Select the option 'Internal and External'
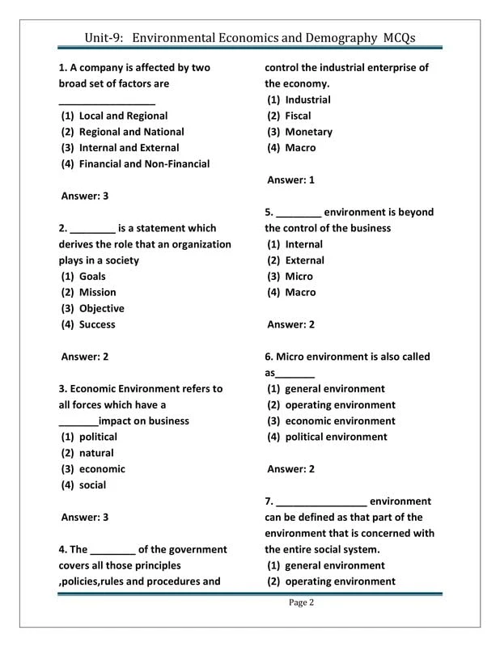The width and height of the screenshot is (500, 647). [129, 148]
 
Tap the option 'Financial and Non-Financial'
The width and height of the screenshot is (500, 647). [144, 164]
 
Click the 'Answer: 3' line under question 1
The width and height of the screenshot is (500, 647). [85, 196]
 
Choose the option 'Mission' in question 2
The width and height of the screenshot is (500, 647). [97, 293]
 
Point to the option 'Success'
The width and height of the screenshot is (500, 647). [97, 325]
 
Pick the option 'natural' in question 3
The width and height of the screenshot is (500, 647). [96, 453]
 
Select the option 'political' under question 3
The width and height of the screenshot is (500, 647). [98, 437]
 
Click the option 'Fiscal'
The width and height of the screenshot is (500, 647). [298, 116]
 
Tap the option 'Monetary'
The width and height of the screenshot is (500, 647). [308, 132]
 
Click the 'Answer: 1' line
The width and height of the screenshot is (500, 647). [290, 180]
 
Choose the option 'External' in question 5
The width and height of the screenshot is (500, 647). [304, 260]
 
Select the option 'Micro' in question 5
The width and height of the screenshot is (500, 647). [299, 277]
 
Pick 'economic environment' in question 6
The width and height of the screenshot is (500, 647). [340, 421]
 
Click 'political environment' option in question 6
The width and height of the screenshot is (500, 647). [336, 437]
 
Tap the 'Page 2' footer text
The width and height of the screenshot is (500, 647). [301, 603]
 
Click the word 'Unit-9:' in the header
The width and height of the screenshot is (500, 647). [104, 37]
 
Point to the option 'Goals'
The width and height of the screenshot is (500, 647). [92, 277]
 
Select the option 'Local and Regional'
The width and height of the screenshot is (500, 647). [123, 116]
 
